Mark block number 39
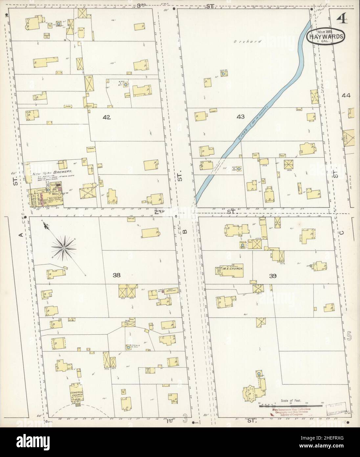point(273,276)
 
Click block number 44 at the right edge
point(346,96)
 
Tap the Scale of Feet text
point(291,401)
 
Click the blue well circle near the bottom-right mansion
point(259,374)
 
